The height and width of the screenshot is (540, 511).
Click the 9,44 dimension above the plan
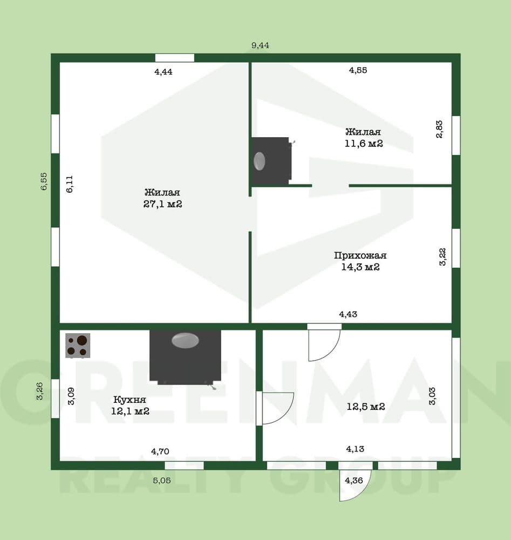[x=260, y=45]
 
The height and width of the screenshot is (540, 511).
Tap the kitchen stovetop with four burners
[x=78, y=346]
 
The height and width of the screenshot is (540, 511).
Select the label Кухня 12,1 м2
[x=130, y=406]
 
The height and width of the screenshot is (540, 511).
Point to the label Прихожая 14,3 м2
[x=360, y=261]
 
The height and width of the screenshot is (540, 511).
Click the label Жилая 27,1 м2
[x=163, y=198]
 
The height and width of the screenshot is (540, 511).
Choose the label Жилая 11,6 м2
[x=364, y=137]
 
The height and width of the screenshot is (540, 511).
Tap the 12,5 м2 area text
[x=366, y=407]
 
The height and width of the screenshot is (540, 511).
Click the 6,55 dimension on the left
[x=44, y=181]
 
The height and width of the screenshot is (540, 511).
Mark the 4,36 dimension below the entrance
[x=354, y=481]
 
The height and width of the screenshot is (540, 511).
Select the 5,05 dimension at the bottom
[x=162, y=481]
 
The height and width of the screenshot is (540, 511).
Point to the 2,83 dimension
[x=439, y=129]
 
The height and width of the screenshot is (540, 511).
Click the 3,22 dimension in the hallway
[x=442, y=256]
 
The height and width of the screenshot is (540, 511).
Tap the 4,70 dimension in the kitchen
[x=160, y=451]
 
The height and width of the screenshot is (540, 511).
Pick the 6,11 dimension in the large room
[x=70, y=184]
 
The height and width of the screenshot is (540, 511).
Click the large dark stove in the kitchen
[x=185, y=357]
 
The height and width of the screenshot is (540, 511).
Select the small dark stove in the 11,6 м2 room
[x=271, y=161]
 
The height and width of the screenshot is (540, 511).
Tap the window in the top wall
[x=174, y=58]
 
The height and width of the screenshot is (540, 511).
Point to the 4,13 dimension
[x=355, y=449]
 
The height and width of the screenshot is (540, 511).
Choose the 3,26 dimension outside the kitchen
[x=40, y=391]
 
